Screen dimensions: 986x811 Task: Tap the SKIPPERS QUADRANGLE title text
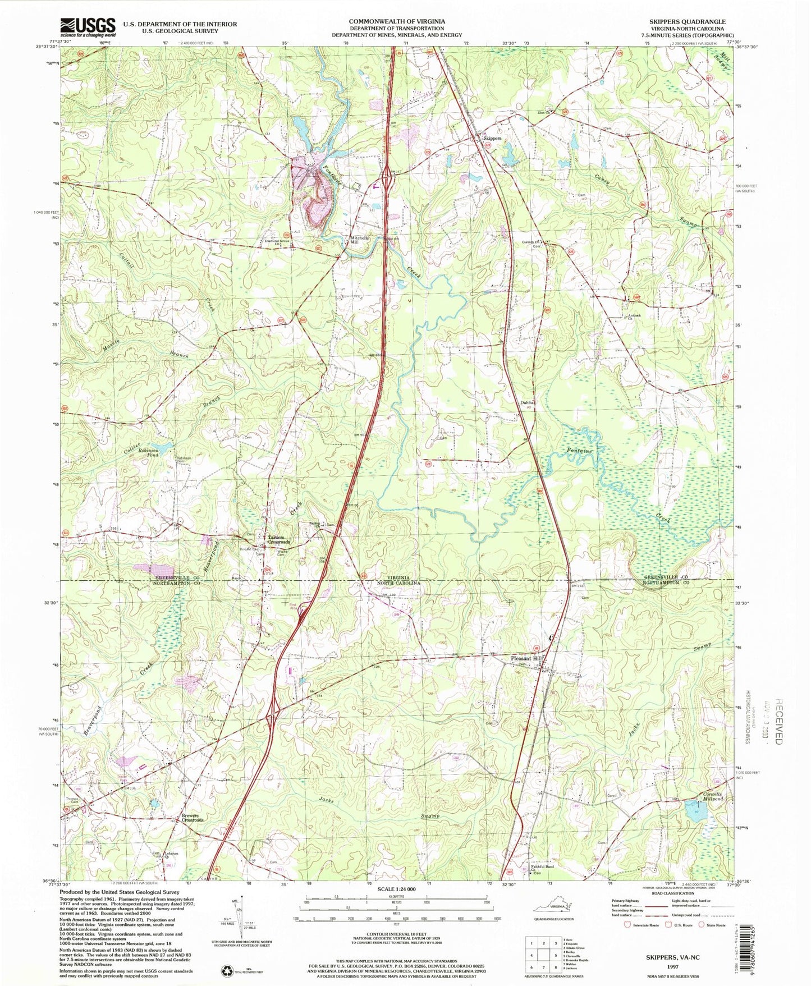pyautogui.click(x=694, y=22)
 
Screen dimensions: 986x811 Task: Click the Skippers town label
pyautogui.click(x=492, y=138)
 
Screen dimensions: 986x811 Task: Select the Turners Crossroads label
pyautogui.click(x=279, y=539)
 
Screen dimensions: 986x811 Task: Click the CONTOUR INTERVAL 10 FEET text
pyautogui.click(x=397, y=934)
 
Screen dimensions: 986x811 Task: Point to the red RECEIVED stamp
pyautogui.click(x=780, y=721)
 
